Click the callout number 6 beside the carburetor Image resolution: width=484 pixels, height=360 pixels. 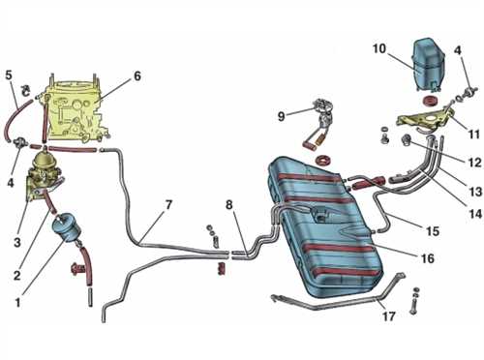click(137, 76)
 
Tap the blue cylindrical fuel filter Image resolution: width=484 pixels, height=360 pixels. click(67, 227)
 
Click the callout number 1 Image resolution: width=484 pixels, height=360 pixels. click(17, 303)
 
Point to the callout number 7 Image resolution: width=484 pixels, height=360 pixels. click(168, 205)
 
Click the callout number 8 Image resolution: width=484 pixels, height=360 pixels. click(228, 204)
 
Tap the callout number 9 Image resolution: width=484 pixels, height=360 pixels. click(282, 116)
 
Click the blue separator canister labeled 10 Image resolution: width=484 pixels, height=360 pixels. click(428, 65)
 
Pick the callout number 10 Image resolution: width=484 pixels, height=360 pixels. click(378, 48)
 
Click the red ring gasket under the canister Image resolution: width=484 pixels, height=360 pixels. click(430, 100)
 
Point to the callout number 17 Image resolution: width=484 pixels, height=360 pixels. click(389, 316)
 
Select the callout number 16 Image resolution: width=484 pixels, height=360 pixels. click(428, 258)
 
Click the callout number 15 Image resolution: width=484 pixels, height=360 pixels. click(433, 231)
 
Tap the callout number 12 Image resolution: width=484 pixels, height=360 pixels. click(475, 163)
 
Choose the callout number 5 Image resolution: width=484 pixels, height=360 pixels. click(9, 75)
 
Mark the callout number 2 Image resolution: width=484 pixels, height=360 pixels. click(17, 275)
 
